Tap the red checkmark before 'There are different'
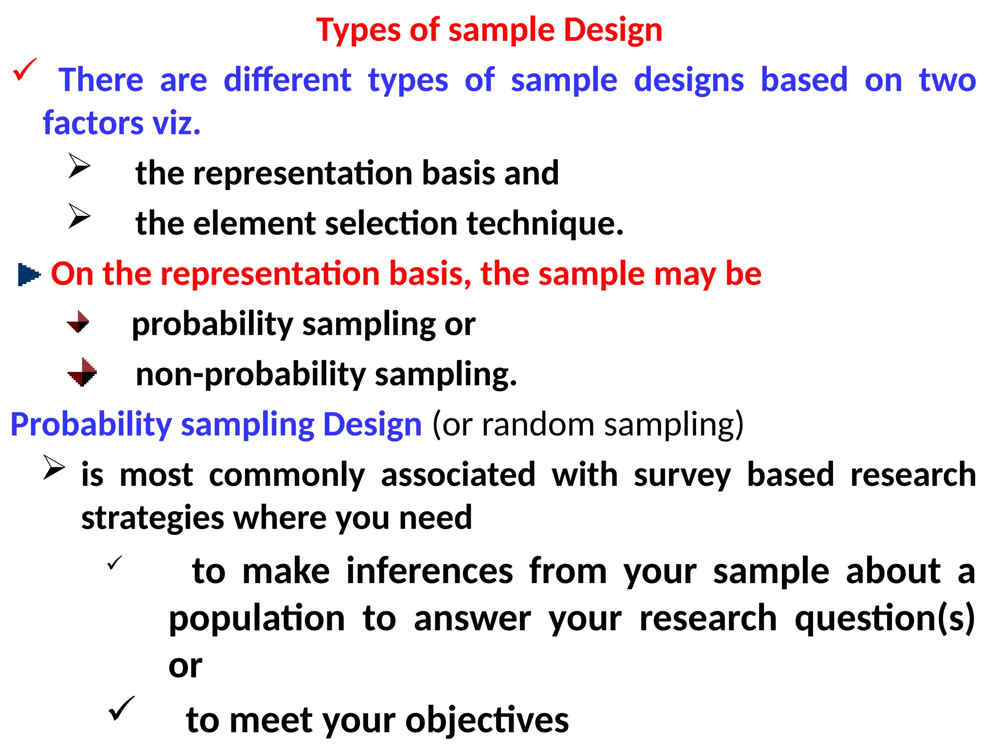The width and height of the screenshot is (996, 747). coord(24,69)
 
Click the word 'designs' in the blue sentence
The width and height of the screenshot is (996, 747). coord(689,80)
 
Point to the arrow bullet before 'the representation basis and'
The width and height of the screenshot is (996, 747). coord(79,166)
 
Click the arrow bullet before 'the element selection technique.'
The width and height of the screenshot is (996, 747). coord(79,216)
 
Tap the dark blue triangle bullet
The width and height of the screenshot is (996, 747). coord(28,274)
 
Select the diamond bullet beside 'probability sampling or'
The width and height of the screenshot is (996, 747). coord(78,322)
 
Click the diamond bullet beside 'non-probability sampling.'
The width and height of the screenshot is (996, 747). coord(82,373)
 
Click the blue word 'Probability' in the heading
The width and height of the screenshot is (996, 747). coord(91,425)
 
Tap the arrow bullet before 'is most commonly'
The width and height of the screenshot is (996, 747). coord(53,467)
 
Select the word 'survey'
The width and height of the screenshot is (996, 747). coord(682,475)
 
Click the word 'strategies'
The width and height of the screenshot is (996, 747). coord(152,518)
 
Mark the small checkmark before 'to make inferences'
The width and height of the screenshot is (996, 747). coord(114,563)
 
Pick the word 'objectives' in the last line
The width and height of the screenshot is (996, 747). coord(487,720)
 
